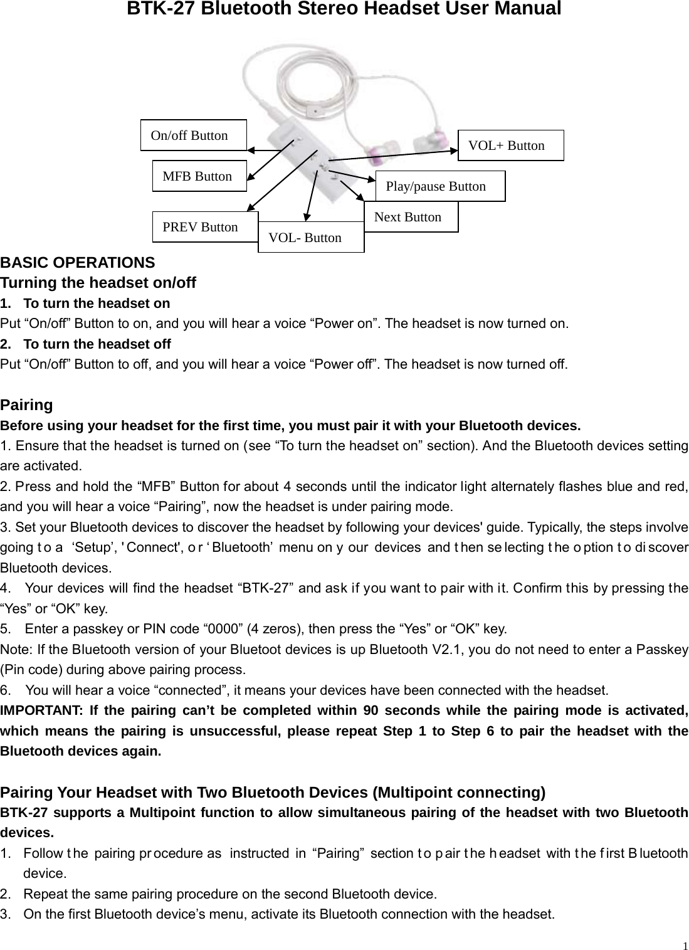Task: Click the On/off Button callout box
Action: coord(193,135)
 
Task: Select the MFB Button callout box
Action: coord(199,176)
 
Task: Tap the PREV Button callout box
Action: coord(204,227)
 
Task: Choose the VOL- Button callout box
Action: coord(310,238)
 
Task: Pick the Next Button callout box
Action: coord(411,217)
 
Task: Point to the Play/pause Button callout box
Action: coord(439,186)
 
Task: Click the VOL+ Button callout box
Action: coord(510,145)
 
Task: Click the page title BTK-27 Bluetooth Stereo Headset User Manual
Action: coord(344,9)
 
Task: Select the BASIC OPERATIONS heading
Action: coord(78,262)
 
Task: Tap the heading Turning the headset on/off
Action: coord(98,283)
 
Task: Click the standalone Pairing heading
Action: coord(27,404)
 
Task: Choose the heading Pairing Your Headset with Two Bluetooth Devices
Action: coord(273,793)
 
